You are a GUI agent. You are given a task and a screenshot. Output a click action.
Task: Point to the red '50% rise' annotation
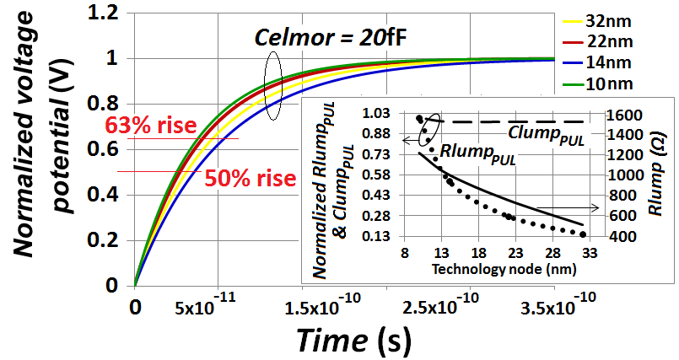250,179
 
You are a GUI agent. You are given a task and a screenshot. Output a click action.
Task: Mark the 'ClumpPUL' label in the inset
539,133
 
